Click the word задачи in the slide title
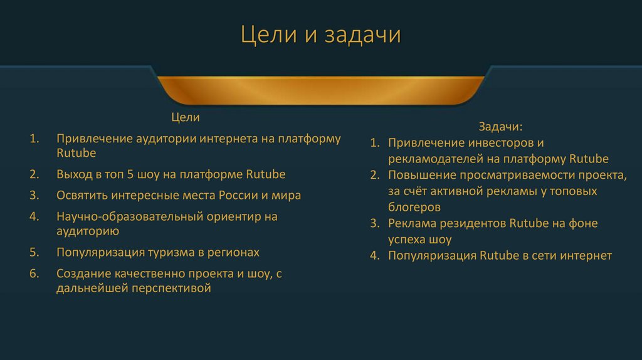(x=362, y=35)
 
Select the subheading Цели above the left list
(x=186, y=117)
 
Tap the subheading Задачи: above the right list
(x=500, y=127)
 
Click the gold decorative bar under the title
(x=320, y=90)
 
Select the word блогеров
(x=414, y=207)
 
